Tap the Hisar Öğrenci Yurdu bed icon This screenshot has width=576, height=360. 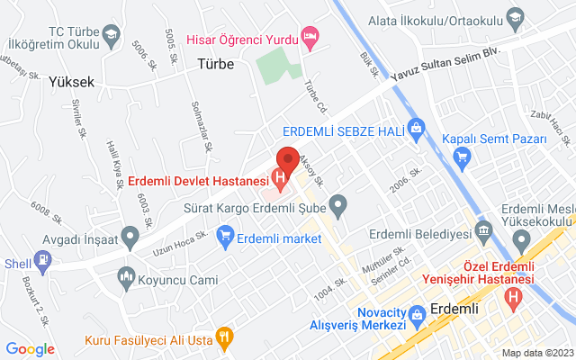(310, 37)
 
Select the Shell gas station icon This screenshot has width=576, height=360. (42, 261)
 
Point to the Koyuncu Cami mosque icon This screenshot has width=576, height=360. (126, 280)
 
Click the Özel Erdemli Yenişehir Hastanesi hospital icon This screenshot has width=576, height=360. (513, 294)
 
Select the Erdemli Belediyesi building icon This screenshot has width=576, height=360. (483, 231)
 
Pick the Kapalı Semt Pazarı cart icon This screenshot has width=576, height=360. (462, 157)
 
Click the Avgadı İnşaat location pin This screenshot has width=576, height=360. (130, 238)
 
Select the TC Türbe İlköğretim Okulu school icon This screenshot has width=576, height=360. (111, 35)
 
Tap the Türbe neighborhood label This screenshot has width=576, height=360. (215, 64)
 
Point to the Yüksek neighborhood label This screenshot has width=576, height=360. (72, 80)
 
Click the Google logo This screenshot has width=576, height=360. (31, 348)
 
